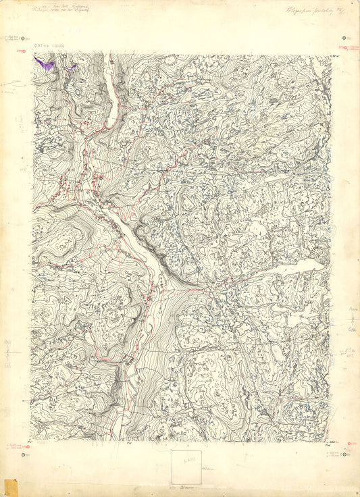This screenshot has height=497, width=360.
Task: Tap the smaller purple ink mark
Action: click(x=70, y=67)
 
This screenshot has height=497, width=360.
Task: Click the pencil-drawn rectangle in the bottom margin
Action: click(x=186, y=467)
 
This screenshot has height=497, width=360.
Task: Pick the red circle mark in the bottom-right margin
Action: click(x=349, y=444)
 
